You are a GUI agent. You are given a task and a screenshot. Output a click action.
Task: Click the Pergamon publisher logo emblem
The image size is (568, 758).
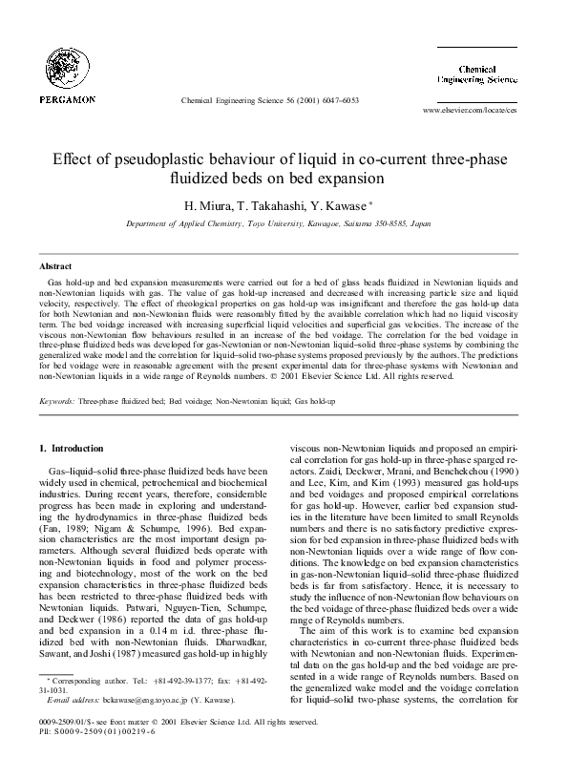click(66, 66)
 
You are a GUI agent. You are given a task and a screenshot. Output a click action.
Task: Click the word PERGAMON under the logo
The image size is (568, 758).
click(67, 99)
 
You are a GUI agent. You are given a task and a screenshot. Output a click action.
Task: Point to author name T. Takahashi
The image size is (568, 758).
click(264, 204)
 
